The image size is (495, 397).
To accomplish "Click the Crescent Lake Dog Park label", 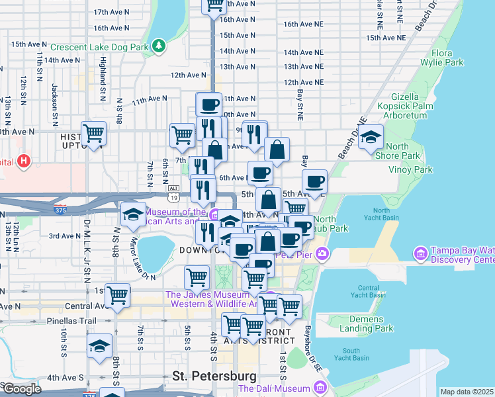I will point(99,46).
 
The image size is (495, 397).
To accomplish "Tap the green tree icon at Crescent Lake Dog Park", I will point(158,46).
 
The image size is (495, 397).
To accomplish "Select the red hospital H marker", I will point(24,161).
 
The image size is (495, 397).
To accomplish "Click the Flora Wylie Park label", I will point(447,57).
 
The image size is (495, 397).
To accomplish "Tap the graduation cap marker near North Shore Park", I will point(371,137).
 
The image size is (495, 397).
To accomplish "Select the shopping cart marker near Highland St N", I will point(93,133).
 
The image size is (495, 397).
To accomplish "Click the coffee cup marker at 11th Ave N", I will point(208,105).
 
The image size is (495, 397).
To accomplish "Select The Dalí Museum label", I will point(274,388).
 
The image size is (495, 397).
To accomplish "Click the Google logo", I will point(21,388).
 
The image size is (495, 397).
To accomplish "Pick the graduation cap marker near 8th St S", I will point(100,346).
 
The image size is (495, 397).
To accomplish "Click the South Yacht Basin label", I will point(351,354).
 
